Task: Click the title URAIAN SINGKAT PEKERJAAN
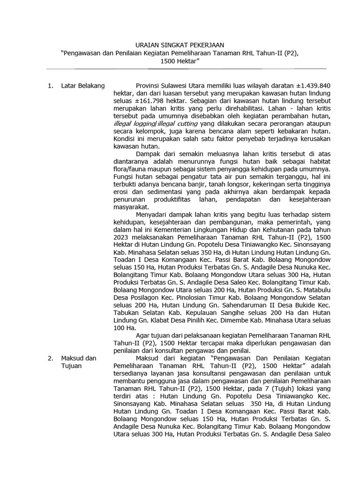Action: pyautogui.click(x=180, y=45)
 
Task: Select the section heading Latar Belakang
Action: pyautogui.click(x=83, y=85)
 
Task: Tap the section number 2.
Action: pyautogui.click(x=50, y=358)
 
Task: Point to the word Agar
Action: pyautogui.click(x=143, y=336)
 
